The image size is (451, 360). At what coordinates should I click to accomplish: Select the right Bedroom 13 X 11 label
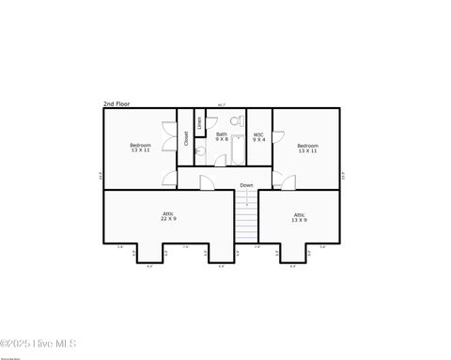pyautogui.click(x=308, y=148)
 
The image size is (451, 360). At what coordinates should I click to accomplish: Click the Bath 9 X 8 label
pyautogui.click(x=222, y=136)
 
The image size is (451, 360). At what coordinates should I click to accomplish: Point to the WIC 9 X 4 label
pyautogui.click(x=258, y=136)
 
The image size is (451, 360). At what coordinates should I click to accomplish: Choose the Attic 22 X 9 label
pyautogui.click(x=168, y=216)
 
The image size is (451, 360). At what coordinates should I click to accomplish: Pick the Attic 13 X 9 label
pyautogui.click(x=299, y=216)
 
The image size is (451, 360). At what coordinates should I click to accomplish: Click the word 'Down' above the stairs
pyautogui.click(x=245, y=185)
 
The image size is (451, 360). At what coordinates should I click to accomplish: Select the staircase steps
pyautogui.click(x=245, y=226)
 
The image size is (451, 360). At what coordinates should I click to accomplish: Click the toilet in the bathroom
pyautogui.click(x=236, y=122)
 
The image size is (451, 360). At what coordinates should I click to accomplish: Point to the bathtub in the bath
pyautogui.click(x=239, y=150)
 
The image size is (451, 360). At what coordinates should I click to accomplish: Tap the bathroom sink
pyautogui.click(x=200, y=150)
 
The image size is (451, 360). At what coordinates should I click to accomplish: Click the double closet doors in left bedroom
pyautogui.click(x=168, y=137)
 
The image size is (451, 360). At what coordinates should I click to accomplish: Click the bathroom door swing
pyautogui.click(x=220, y=160)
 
